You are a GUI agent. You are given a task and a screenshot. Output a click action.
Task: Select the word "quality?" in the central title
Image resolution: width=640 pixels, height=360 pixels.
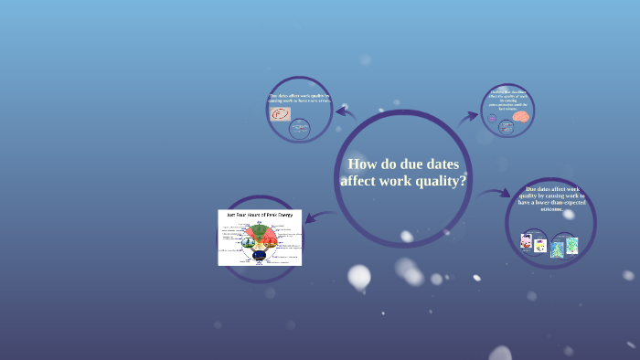click(436, 181)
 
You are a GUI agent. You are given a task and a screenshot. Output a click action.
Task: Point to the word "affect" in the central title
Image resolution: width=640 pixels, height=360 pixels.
click(361, 181)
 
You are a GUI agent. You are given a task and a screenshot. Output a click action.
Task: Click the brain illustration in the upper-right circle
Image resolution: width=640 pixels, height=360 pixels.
click(520, 117)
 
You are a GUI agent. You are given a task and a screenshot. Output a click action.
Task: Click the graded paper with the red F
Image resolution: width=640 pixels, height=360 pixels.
click(280, 114)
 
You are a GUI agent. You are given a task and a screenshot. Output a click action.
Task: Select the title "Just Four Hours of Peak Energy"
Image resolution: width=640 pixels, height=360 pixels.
click(260, 214)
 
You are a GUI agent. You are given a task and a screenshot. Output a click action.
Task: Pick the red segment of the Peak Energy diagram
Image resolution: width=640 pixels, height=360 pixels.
click(269, 240)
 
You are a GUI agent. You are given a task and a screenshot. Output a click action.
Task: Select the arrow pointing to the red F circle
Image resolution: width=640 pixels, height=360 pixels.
click(345, 112)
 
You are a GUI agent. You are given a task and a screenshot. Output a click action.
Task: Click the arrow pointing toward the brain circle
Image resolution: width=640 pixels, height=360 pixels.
click(468, 116)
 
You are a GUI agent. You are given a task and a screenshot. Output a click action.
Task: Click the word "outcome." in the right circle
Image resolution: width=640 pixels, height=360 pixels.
click(551, 209)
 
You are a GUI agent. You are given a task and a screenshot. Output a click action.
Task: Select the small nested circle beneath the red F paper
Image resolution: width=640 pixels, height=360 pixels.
click(300, 129)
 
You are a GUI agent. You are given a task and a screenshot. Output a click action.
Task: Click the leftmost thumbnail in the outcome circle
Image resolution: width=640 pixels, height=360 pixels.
click(527, 242)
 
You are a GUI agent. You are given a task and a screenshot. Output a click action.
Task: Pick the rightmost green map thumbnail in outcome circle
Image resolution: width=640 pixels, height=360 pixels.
click(571, 245)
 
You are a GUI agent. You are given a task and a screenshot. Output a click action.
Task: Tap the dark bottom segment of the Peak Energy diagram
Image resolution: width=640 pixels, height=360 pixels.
click(259, 255)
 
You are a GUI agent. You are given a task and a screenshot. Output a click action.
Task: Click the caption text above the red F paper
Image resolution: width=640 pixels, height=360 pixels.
click(300, 99)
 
